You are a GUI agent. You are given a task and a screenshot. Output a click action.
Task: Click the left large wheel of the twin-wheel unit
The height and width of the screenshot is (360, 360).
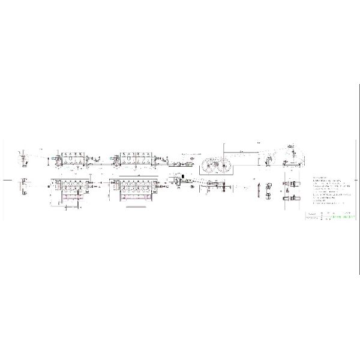pos(209,166)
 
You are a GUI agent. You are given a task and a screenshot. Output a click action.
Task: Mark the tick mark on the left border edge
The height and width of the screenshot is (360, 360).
pos(5,179)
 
